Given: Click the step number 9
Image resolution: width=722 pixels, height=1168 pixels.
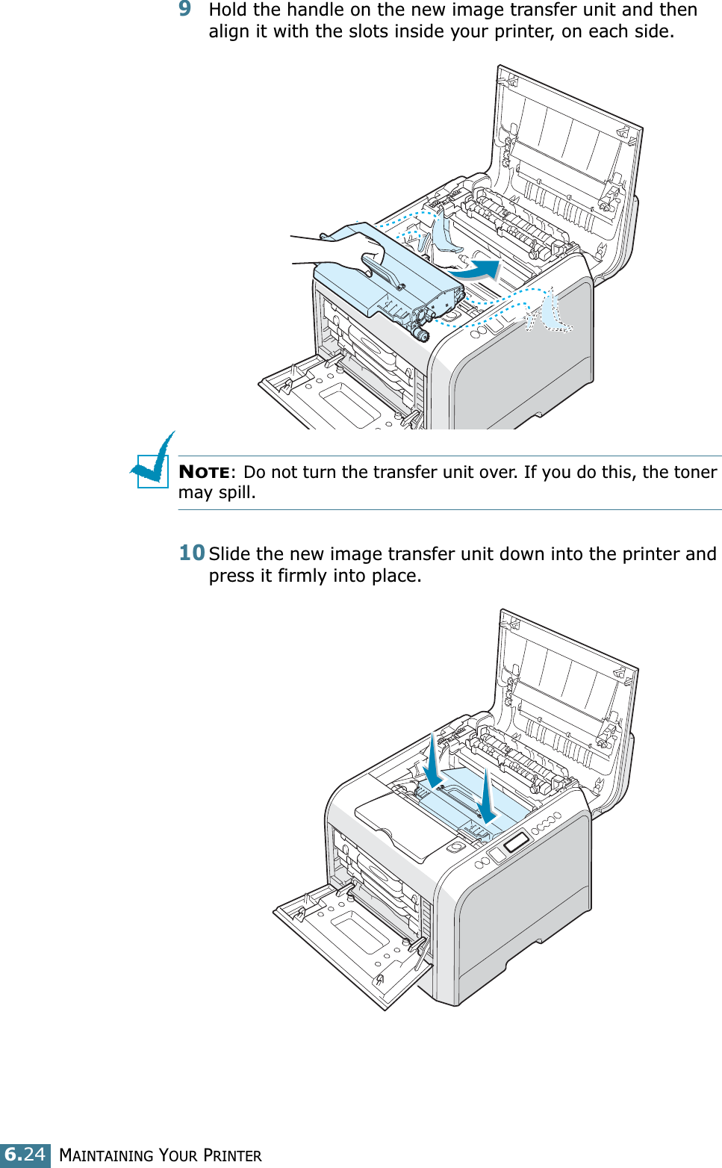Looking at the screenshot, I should coord(185,9).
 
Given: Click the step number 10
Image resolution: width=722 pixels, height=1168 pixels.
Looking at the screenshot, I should coord(192,553).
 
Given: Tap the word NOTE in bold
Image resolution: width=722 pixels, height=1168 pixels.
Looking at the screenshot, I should coord(204,472).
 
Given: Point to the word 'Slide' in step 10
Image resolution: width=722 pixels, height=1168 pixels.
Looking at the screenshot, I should coord(230,554).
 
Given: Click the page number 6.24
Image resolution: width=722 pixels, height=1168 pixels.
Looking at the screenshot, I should coord(25,1155).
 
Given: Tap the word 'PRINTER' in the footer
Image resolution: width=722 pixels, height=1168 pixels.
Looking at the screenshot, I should coord(233,1155).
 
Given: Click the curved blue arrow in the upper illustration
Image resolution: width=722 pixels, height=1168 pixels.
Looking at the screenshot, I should coord(476,270).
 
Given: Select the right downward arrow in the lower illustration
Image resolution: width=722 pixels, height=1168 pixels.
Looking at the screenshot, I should coord(487,798).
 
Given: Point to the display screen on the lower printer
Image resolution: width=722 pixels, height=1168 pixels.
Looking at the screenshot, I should coord(516,842).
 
